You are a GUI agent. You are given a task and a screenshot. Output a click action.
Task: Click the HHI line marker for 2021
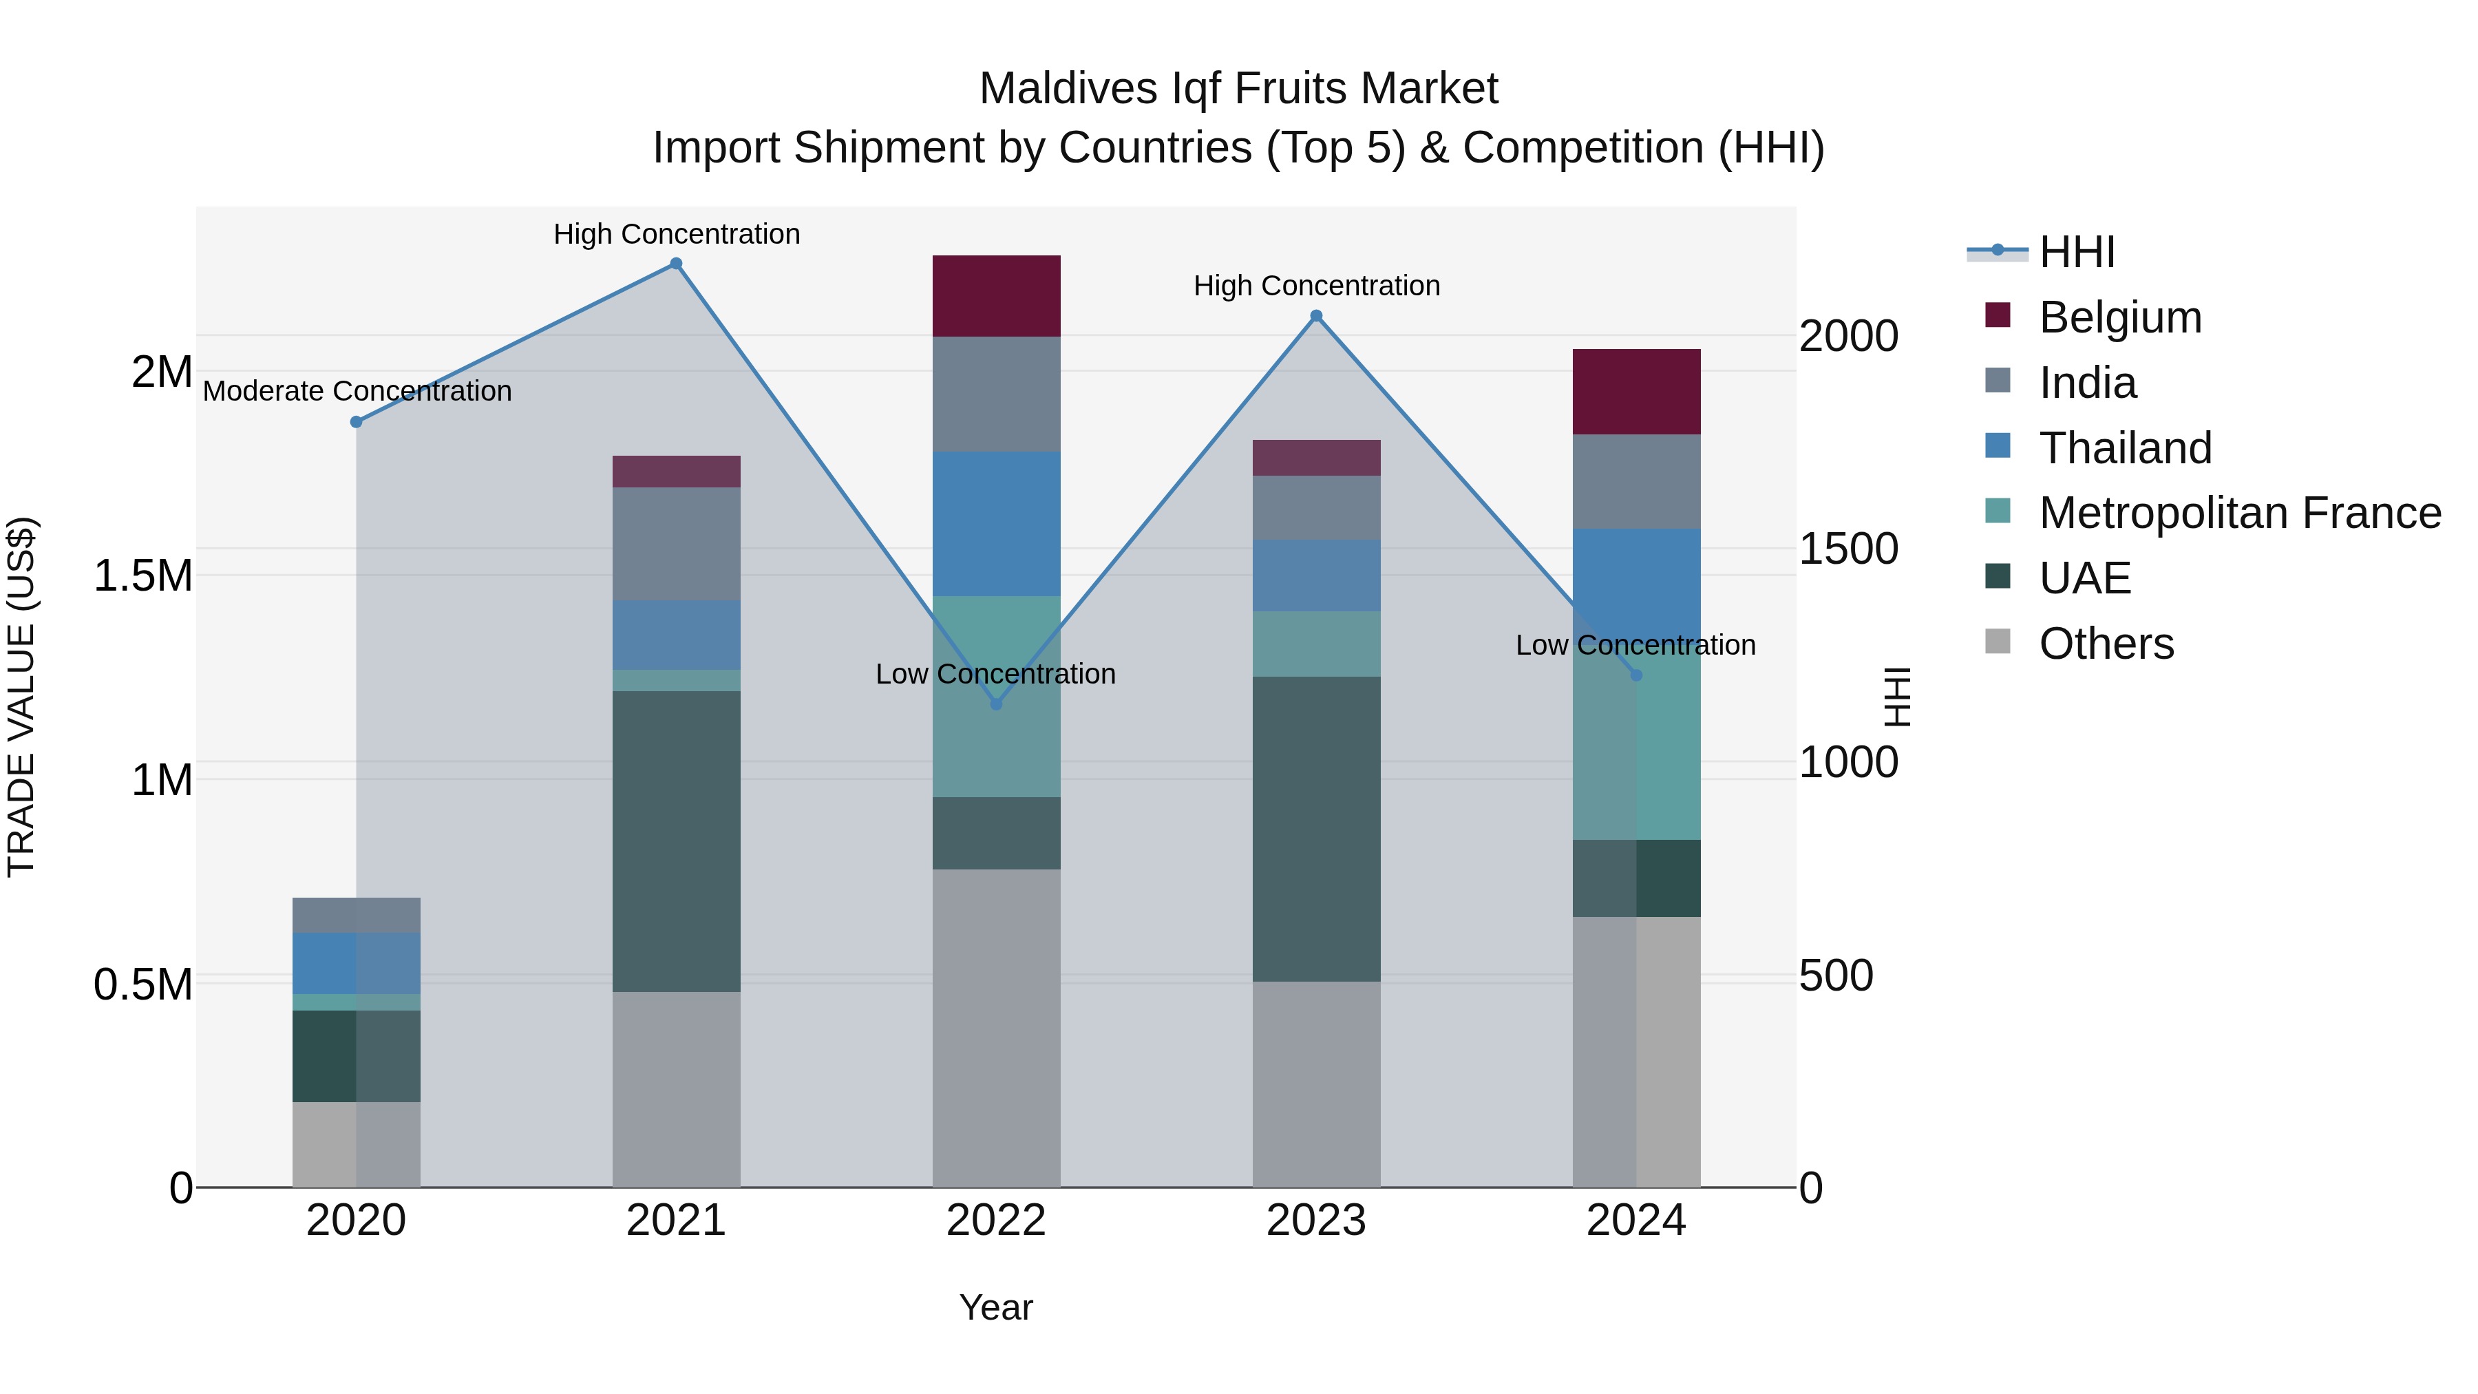(x=676, y=264)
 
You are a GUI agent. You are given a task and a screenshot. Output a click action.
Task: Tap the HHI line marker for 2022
(x=997, y=704)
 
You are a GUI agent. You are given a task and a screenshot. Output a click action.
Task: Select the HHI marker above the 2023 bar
(x=1317, y=315)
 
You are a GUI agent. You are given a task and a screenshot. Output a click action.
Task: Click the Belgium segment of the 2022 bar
(x=997, y=295)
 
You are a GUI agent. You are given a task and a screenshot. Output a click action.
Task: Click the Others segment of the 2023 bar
(x=1317, y=1084)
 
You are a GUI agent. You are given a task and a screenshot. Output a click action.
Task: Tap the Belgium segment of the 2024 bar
(x=1636, y=392)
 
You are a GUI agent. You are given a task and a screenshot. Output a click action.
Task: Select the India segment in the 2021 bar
(x=676, y=544)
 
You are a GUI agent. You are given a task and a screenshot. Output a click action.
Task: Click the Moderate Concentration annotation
(x=357, y=392)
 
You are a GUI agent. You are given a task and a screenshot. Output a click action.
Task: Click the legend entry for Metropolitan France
(x=2239, y=513)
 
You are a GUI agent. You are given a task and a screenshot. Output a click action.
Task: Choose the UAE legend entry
(x=2084, y=578)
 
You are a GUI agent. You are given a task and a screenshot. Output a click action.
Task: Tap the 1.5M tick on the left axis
(x=143, y=575)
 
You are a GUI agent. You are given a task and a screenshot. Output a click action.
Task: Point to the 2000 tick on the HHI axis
(x=1848, y=337)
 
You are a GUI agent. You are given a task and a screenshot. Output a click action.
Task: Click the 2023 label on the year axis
(x=1316, y=1221)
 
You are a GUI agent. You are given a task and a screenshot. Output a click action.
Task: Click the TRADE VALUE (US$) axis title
(x=22, y=697)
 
